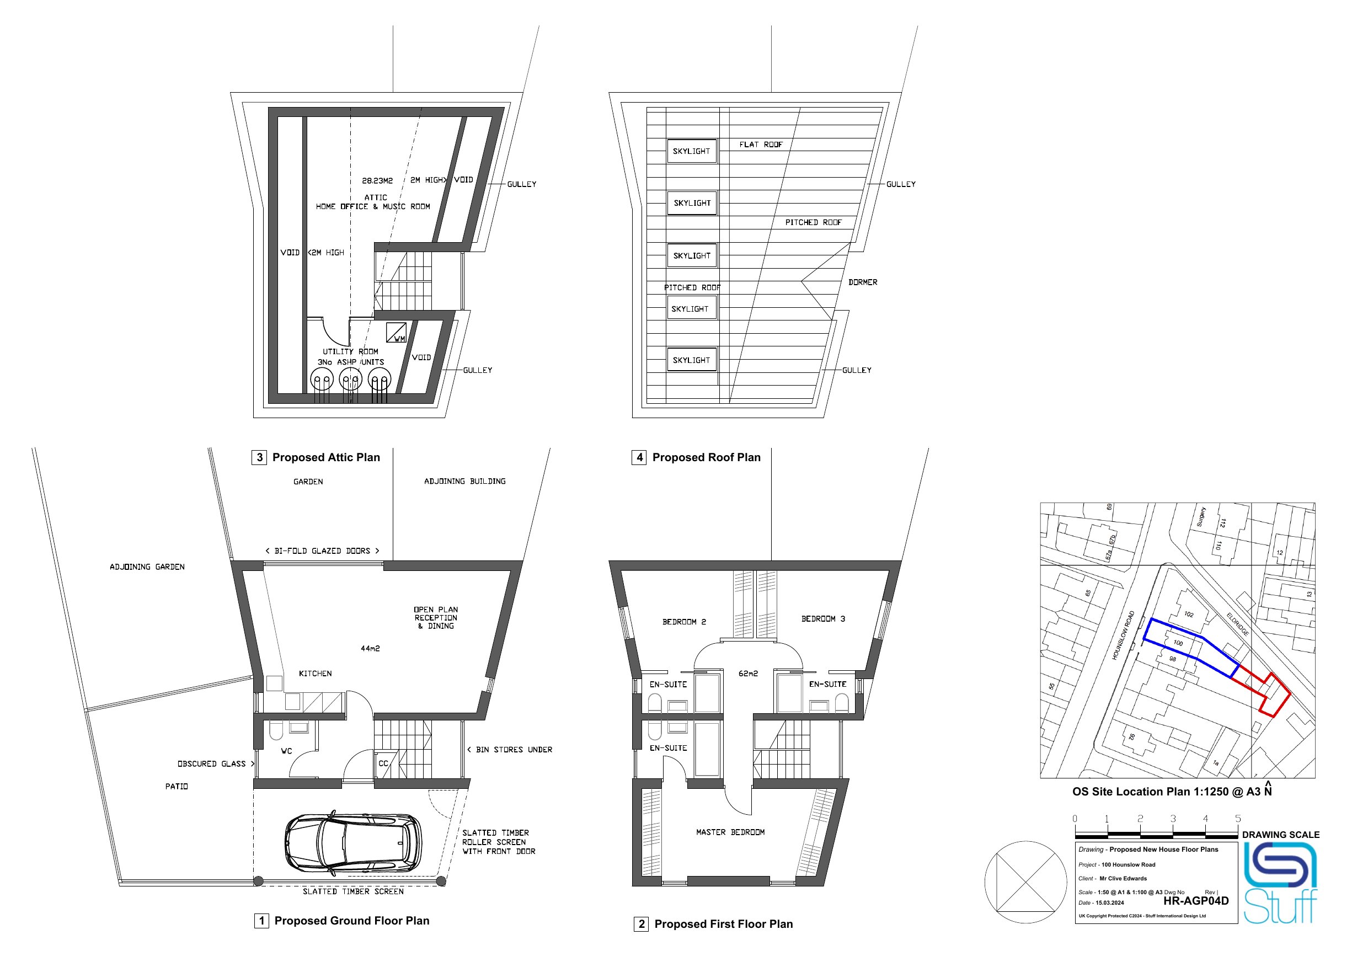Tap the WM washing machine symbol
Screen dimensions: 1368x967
tap(396, 333)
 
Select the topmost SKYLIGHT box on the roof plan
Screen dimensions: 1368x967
tap(691, 151)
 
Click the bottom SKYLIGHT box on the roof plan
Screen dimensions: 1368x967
tap(691, 360)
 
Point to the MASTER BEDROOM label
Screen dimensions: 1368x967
tap(730, 832)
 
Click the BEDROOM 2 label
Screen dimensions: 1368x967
tap(684, 622)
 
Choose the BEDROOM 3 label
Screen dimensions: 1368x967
tap(823, 619)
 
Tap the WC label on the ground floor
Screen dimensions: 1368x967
tap(287, 751)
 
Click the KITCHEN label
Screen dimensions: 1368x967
tap(315, 674)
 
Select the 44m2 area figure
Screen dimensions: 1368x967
tap(370, 648)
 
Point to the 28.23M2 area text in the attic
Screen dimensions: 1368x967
tap(377, 180)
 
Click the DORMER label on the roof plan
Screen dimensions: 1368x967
tap(863, 282)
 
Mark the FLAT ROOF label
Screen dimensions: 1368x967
tap(761, 145)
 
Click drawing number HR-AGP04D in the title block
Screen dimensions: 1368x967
tap(1196, 901)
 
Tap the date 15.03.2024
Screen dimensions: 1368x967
tap(1109, 902)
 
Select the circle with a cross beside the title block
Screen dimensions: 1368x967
tap(1025, 883)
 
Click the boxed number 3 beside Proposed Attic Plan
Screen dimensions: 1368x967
tap(259, 458)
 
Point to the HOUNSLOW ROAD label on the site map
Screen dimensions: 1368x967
tap(1123, 635)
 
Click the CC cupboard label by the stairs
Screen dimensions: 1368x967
tap(383, 763)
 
